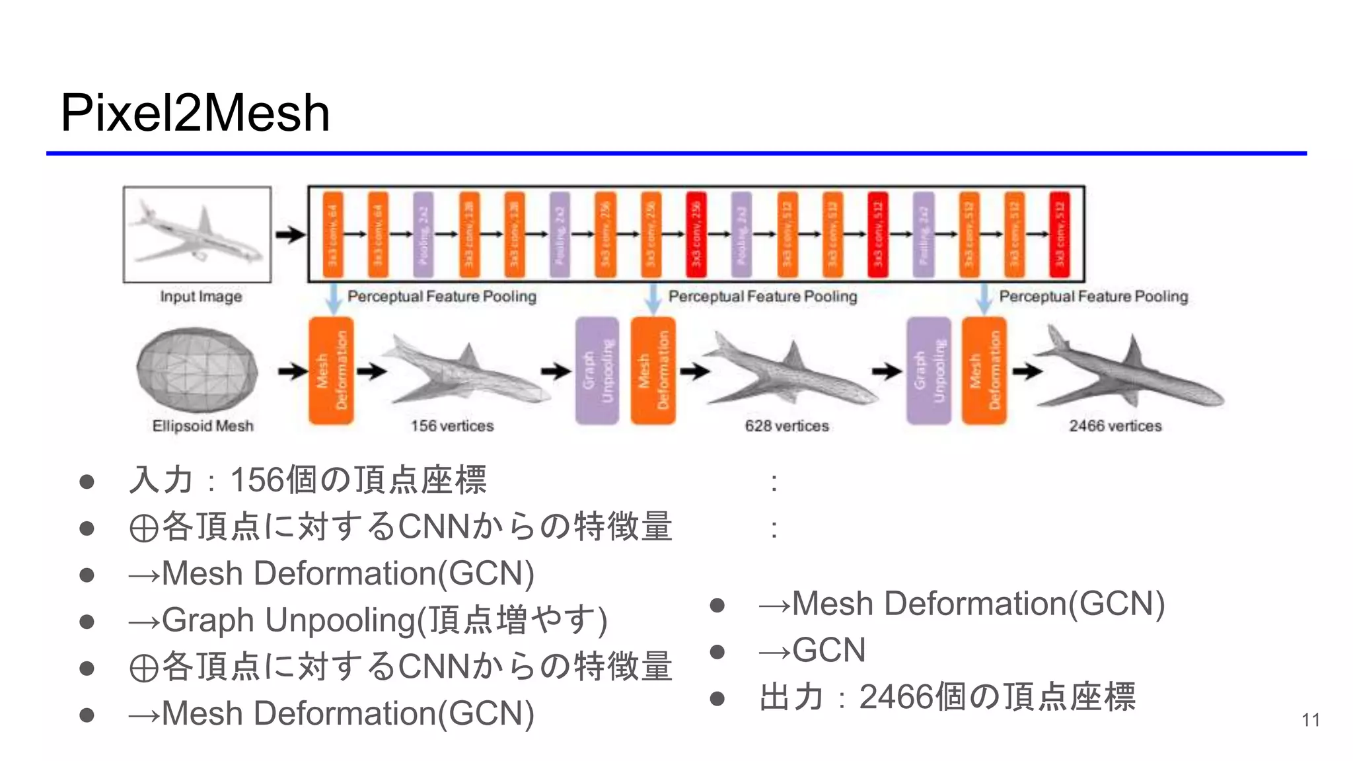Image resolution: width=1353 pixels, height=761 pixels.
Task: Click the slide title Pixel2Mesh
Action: click(195, 113)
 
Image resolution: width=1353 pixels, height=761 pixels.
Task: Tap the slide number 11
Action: click(1311, 719)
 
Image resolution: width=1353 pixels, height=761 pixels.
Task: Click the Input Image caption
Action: click(201, 297)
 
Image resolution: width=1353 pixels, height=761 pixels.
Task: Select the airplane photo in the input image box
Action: click(197, 235)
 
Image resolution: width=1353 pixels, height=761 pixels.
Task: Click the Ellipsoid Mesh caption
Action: click(203, 426)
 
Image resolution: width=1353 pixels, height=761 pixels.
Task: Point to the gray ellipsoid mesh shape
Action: click(197, 371)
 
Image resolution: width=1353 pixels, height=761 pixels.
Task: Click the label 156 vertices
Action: click(452, 426)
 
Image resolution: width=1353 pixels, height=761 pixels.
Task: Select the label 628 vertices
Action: click(786, 426)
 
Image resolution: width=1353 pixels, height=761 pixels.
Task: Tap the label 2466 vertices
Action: click(1115, 426)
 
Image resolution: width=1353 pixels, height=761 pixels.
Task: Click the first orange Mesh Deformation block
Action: click(331, 371)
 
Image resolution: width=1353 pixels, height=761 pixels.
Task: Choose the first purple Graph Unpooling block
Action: click(597, 371)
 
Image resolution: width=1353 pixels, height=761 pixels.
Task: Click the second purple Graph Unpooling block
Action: click(928, 371)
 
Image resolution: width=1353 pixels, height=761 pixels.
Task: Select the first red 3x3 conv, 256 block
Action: click(696, 234)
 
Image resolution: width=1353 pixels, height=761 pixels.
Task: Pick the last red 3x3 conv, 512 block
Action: click(1060, 234)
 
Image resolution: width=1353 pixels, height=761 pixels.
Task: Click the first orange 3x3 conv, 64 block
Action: click(333, 234)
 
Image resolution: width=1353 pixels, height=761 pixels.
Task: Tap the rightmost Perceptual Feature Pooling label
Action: click(1093, 297)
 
